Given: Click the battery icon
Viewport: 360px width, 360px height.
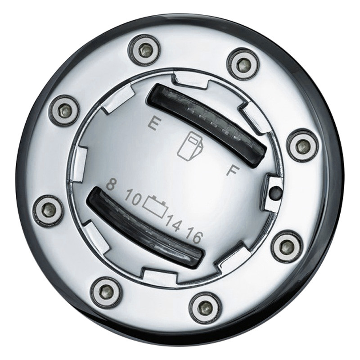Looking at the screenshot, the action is pyautogui.click(x=157, y=206).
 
